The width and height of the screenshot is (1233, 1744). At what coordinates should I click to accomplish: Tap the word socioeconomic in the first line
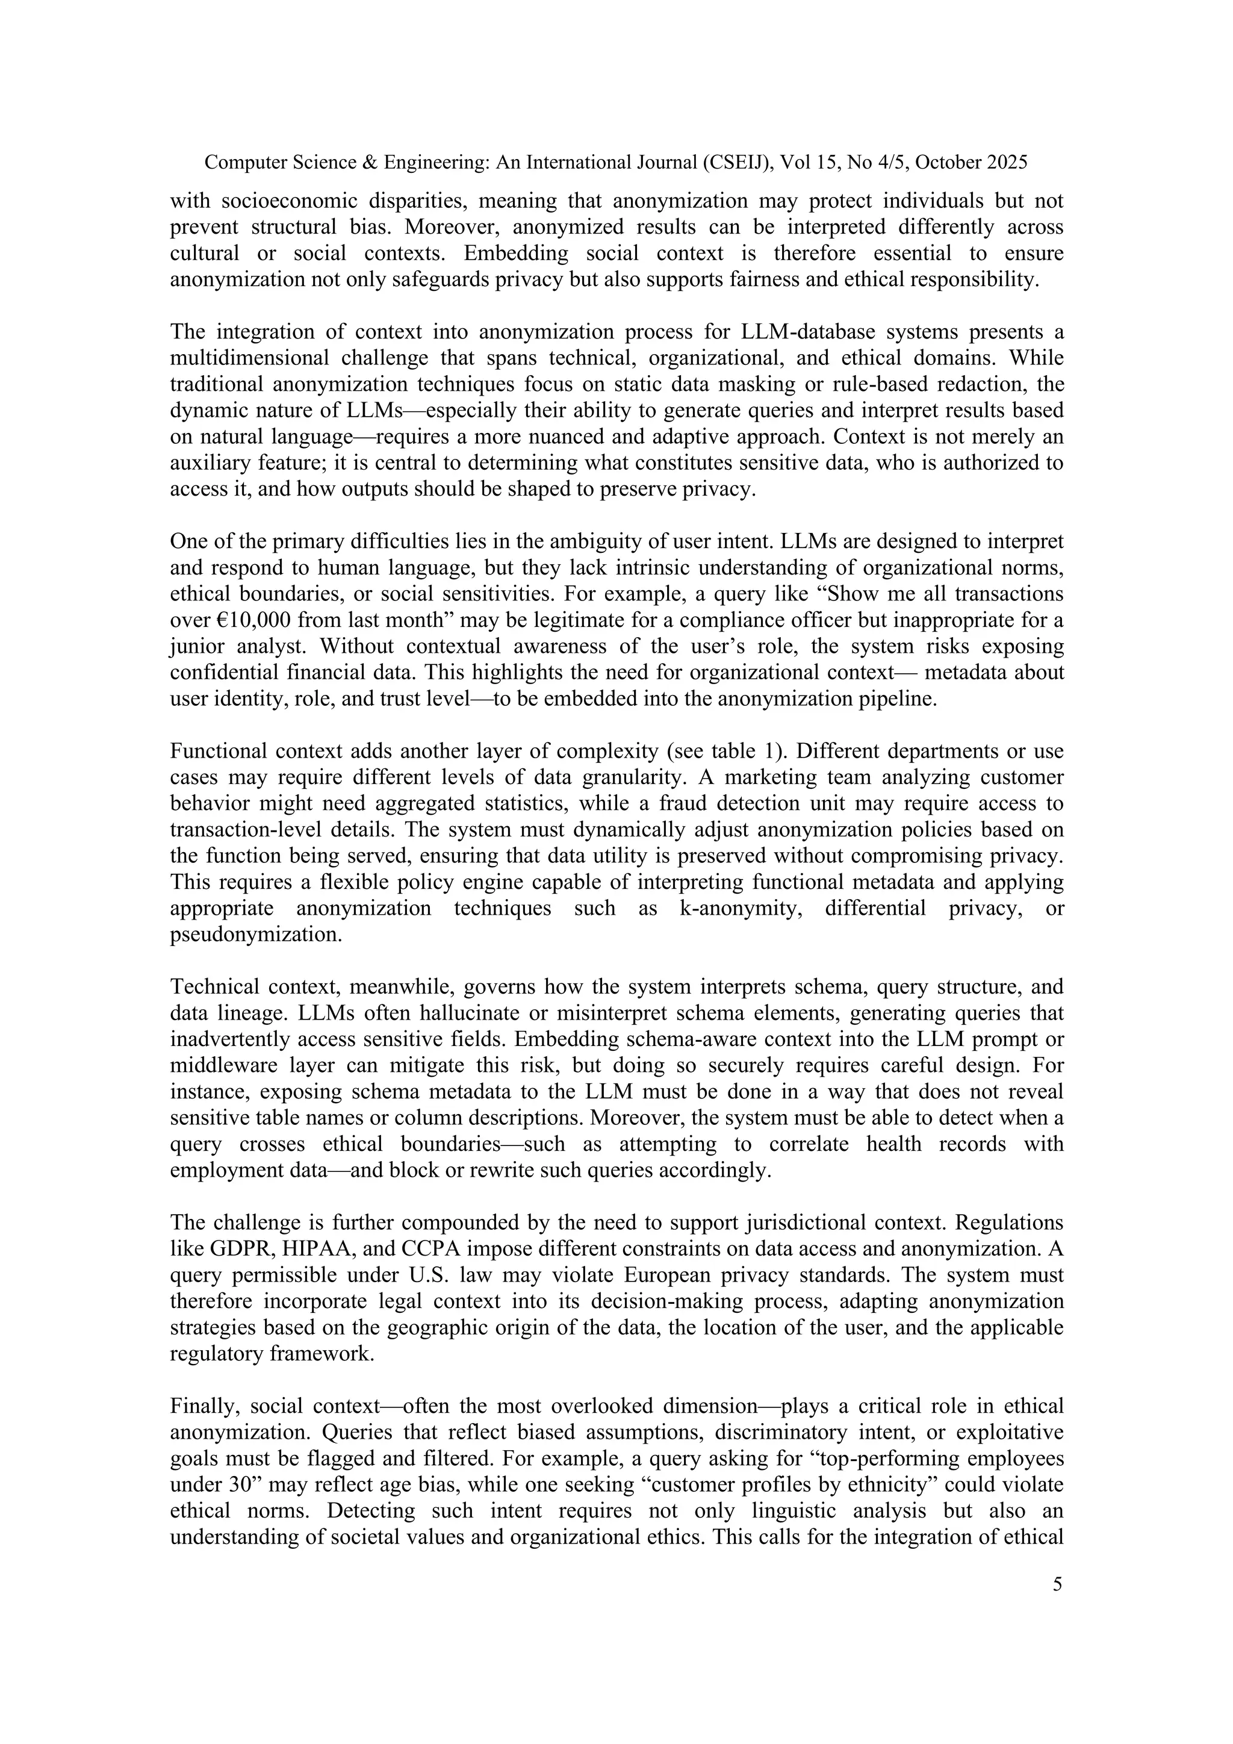(288, 201)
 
